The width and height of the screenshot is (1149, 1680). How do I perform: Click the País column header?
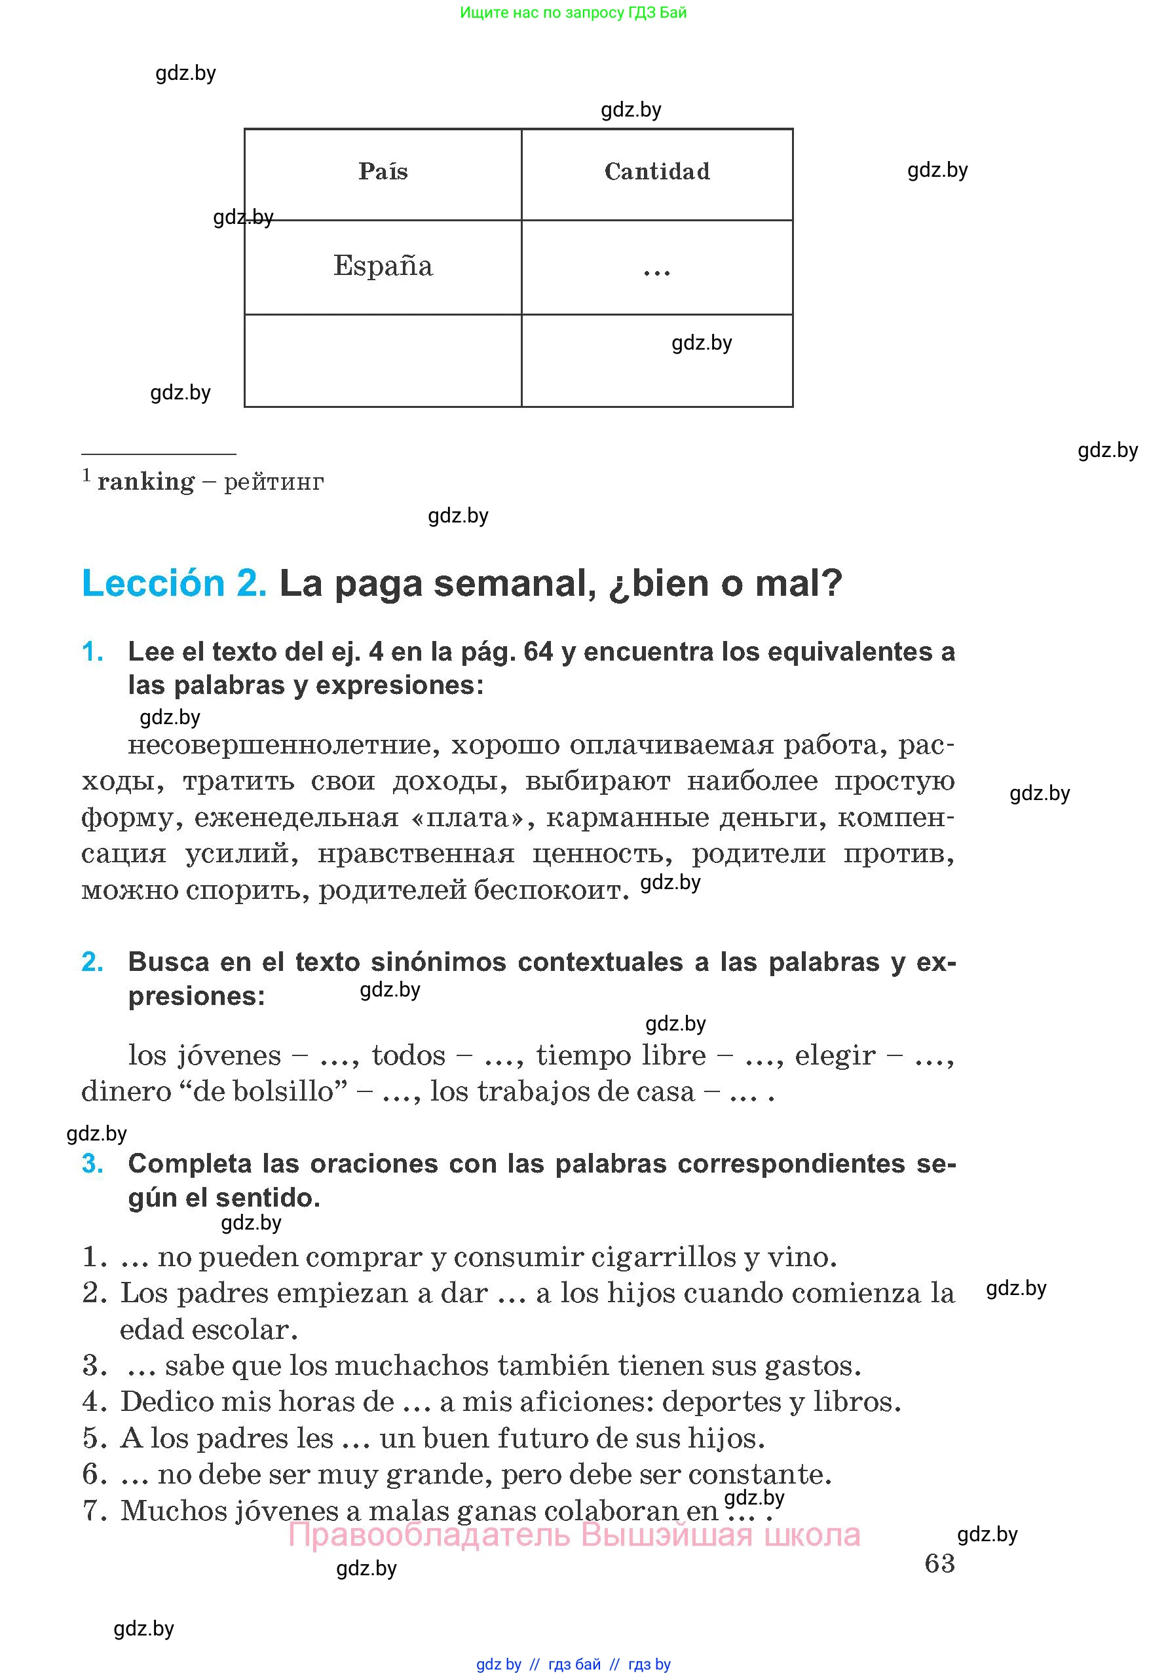383,172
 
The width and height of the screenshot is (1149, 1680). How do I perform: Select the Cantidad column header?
656,172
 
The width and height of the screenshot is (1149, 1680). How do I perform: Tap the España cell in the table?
383,266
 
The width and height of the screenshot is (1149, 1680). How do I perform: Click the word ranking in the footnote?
145,481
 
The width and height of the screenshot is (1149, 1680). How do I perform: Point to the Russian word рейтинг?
273,481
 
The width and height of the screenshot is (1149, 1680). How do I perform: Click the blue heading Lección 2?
174,583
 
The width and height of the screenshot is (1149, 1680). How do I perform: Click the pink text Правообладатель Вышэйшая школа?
574,1535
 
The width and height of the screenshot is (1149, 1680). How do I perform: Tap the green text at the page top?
573,12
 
